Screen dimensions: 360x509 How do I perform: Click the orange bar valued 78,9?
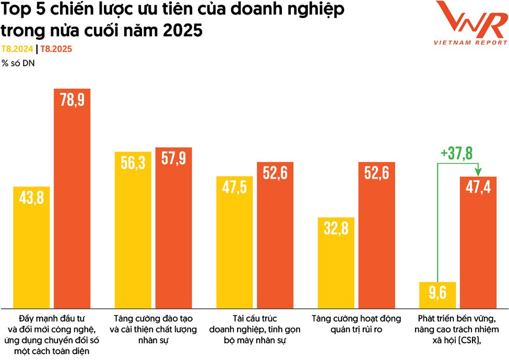click(x=73, y=199)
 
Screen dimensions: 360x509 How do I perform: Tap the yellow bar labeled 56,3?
click(x=133, y=230)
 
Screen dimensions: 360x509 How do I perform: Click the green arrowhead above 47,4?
click(x=477, y=171)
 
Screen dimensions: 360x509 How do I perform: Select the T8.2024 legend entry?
click(x=17, y=49)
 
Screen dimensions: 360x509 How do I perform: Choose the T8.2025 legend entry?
click(x=56, y=49)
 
